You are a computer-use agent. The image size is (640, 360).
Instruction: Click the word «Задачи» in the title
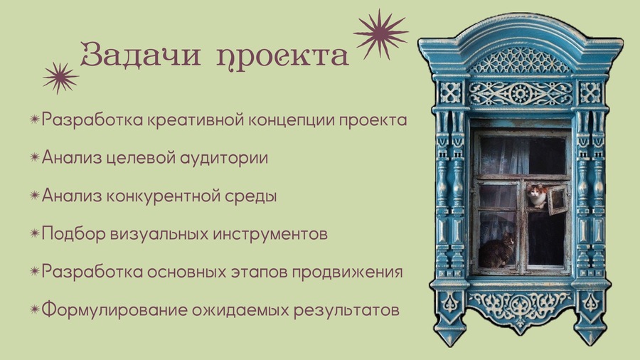pyautogui.click(x=140, y=53)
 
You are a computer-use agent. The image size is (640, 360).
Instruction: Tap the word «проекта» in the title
pyautogui.click(x=282, y=57)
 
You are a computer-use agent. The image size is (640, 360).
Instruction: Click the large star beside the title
pyautogui.click(x=380, y=34)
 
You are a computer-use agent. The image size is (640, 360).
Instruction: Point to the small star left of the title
pyautogui.click(x=60, y=78)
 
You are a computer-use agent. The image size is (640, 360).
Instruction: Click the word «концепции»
pyautogui.click(x=292, y=121)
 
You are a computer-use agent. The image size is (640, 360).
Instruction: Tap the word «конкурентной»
pyautogui.click(x=164, y=196)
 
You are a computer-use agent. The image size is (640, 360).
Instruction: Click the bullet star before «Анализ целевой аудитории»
pyautogui.click(x=35, y=157)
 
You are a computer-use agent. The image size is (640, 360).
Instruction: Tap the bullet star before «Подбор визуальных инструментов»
pyautogui.click(x=35, y=233)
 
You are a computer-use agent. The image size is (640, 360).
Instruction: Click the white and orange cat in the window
pyautogui.click(x=537, y=196)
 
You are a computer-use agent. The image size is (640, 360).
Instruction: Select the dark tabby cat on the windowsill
pyautogui.click(x=496, y=250)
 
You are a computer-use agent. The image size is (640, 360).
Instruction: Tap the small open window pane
pyautogui.click(x=558, y=200)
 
